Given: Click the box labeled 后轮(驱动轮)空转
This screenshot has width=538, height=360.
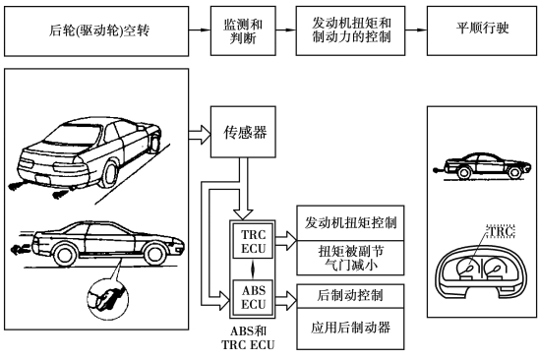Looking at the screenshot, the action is [96, 30].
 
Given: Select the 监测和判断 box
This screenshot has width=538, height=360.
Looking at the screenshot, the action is [243, 30].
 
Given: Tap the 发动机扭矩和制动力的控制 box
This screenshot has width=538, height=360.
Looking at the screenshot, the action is [350, 30].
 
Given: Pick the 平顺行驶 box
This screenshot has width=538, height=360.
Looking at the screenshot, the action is [482, 30].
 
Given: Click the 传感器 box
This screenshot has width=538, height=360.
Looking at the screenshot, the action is [243, 132].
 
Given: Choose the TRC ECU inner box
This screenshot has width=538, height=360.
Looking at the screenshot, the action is [253, 241].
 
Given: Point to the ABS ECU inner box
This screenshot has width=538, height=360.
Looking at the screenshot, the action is [253, 297].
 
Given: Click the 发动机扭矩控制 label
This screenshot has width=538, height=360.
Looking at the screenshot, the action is [350, 222].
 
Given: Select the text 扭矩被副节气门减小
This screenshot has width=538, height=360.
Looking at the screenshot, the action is [350, 258].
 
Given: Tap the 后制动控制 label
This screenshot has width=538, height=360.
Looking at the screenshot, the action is [349, 295].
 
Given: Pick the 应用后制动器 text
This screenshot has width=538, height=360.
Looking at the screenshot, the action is [350, 328].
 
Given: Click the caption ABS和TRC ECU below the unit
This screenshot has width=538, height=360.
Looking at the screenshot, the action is [248, 338].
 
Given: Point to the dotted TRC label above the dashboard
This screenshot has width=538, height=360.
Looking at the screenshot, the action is [501, 231].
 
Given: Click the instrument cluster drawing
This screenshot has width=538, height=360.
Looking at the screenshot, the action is [482, 270].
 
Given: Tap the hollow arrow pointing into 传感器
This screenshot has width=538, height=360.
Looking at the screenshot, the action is [200, 135].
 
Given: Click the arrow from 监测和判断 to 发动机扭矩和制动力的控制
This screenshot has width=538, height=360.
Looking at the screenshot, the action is [286, 30].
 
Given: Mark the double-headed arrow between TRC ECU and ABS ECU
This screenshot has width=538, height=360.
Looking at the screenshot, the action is [253, 270].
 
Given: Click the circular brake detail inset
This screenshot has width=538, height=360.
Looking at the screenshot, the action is [108, 299].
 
